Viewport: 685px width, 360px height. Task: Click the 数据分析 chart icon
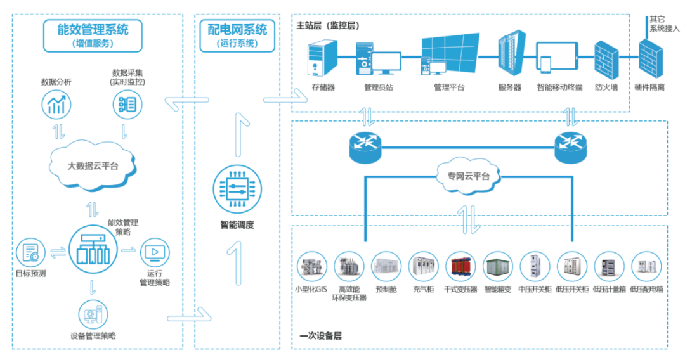pyautogui.click(x=56, y=105)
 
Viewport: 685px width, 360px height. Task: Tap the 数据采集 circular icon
pyautogui.click(x=127, y=105)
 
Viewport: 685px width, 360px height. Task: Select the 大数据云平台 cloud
pyautogui.click(x=93, y=165)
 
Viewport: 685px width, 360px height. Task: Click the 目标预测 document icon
pyautogui.click(x=30, y=253)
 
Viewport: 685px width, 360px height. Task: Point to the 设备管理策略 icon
pyautogui.click(x=93, y=314)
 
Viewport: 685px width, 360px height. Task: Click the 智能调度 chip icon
pyautogui.click(x=237, y=190)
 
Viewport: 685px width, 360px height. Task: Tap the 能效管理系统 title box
pyautogui.click(x=93, y=35)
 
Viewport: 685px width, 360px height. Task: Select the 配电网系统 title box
pyautogui.click(x=237, y=35)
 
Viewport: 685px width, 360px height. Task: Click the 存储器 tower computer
pyautogui.click(x=322, y=58)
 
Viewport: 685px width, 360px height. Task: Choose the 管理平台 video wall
pyautogui.click(x=450, y=54)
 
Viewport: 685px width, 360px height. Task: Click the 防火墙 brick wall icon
pyautogui.click(x=606, y=60)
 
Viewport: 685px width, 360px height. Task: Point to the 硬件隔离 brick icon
pyautogui.click(x=651, y=58)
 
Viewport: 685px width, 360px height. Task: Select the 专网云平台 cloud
pyautogui.click(x=468, y=176)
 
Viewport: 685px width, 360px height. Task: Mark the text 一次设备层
pyautogui.click(x=320, y=335)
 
